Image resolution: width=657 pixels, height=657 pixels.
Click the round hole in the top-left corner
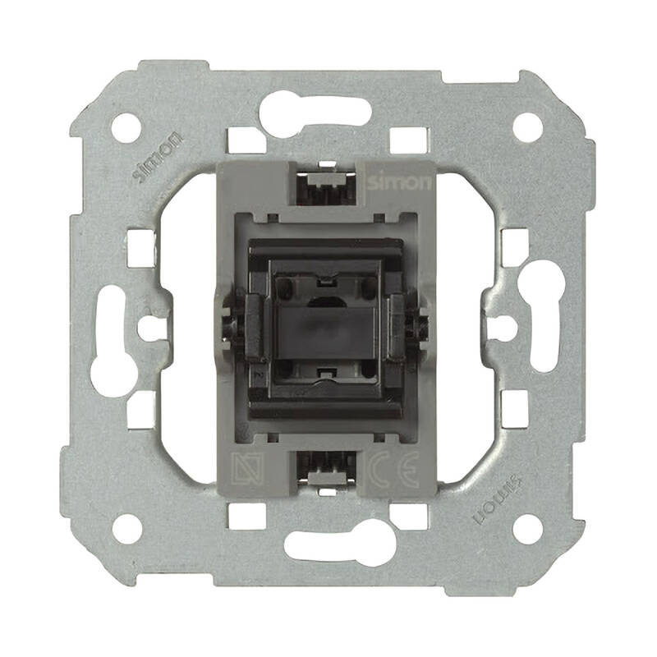tap(126, 127)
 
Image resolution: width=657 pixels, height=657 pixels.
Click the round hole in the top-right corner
tap(527, 127)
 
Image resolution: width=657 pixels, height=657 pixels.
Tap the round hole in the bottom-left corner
tap(126, 528)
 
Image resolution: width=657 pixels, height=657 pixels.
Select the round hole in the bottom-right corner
tap(527, 529)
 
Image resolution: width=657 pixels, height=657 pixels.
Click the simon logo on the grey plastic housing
tap(398, 182)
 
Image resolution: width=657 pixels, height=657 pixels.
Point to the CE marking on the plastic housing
tap(393, 469)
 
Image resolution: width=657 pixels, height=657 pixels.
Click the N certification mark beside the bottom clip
tap(248, 469)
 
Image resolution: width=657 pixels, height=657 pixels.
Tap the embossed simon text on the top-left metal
tap(157, 156)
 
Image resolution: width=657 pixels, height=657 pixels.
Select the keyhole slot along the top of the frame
tap(315, 113)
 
